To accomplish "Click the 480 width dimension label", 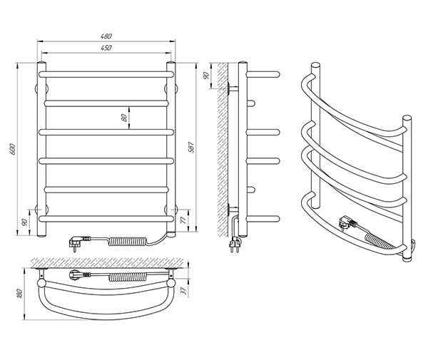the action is [106, 36].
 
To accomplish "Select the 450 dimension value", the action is [106, 48].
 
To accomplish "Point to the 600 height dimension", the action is [13, 149].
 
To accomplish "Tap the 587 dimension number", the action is [192, 148].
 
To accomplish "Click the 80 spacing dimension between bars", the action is [123, 118].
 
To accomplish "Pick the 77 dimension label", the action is [184, 220].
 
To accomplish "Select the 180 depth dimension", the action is [19, 293].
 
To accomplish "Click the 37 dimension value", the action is [185, 291].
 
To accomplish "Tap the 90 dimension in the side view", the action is [206, 76].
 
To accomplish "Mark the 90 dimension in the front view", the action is [24, 222].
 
